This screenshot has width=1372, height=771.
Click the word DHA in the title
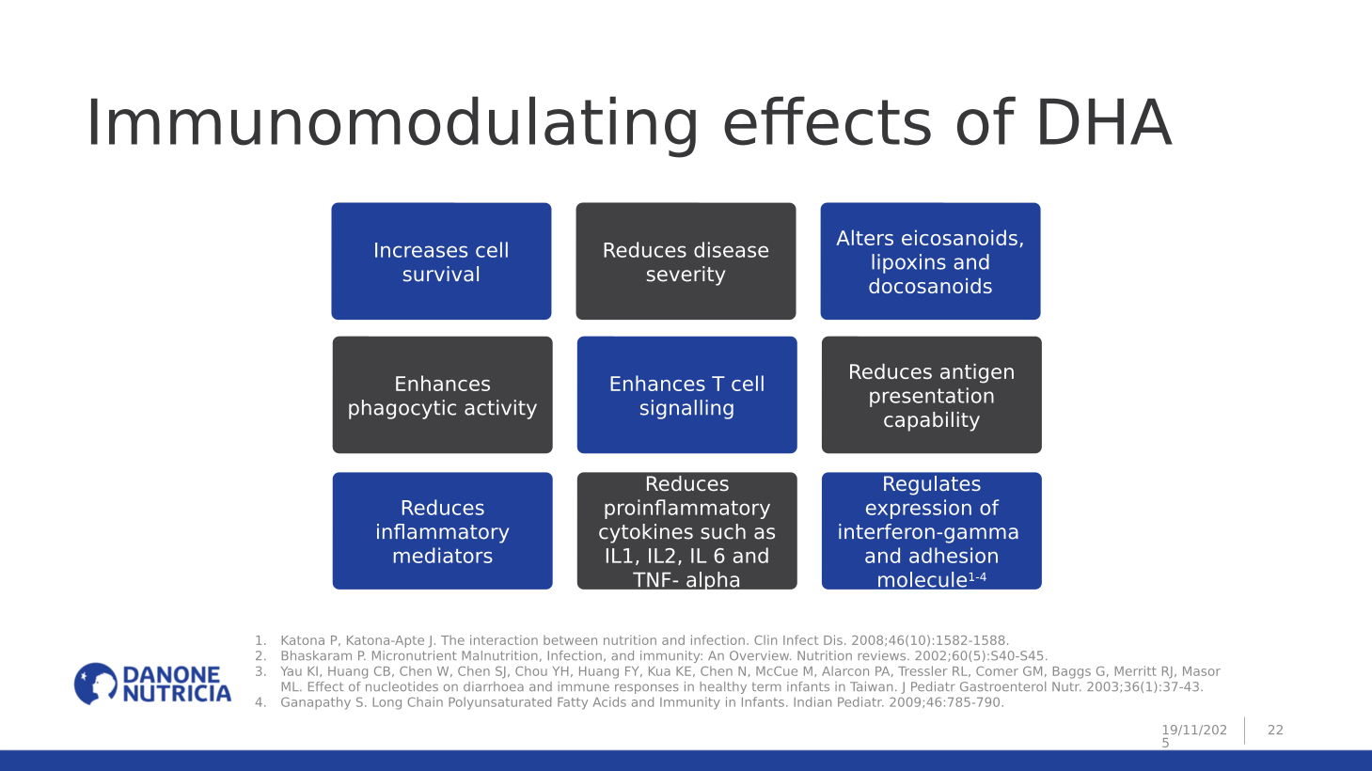tap(1102, 123)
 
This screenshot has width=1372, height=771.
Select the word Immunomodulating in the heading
tap(391, 123)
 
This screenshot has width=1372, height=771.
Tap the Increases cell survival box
tap(441, 261)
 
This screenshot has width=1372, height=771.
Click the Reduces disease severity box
tap(686, 261)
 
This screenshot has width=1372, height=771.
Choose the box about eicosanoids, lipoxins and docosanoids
tap(930, 261)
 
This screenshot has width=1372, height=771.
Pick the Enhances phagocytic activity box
tap(442, 395)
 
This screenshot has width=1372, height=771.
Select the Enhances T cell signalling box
tap(686, 395)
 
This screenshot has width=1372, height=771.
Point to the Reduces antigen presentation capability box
tap(931, 395)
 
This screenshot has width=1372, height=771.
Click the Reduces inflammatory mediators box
tap(442, 531)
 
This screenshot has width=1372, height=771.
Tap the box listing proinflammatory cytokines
tap(686, 531)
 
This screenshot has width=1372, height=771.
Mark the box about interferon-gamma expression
tap(931, 531)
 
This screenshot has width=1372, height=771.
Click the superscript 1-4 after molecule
tap(977, 577)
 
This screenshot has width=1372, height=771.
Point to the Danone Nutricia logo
tap(152, 684)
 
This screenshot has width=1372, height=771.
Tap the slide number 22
tap(1275, 730)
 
